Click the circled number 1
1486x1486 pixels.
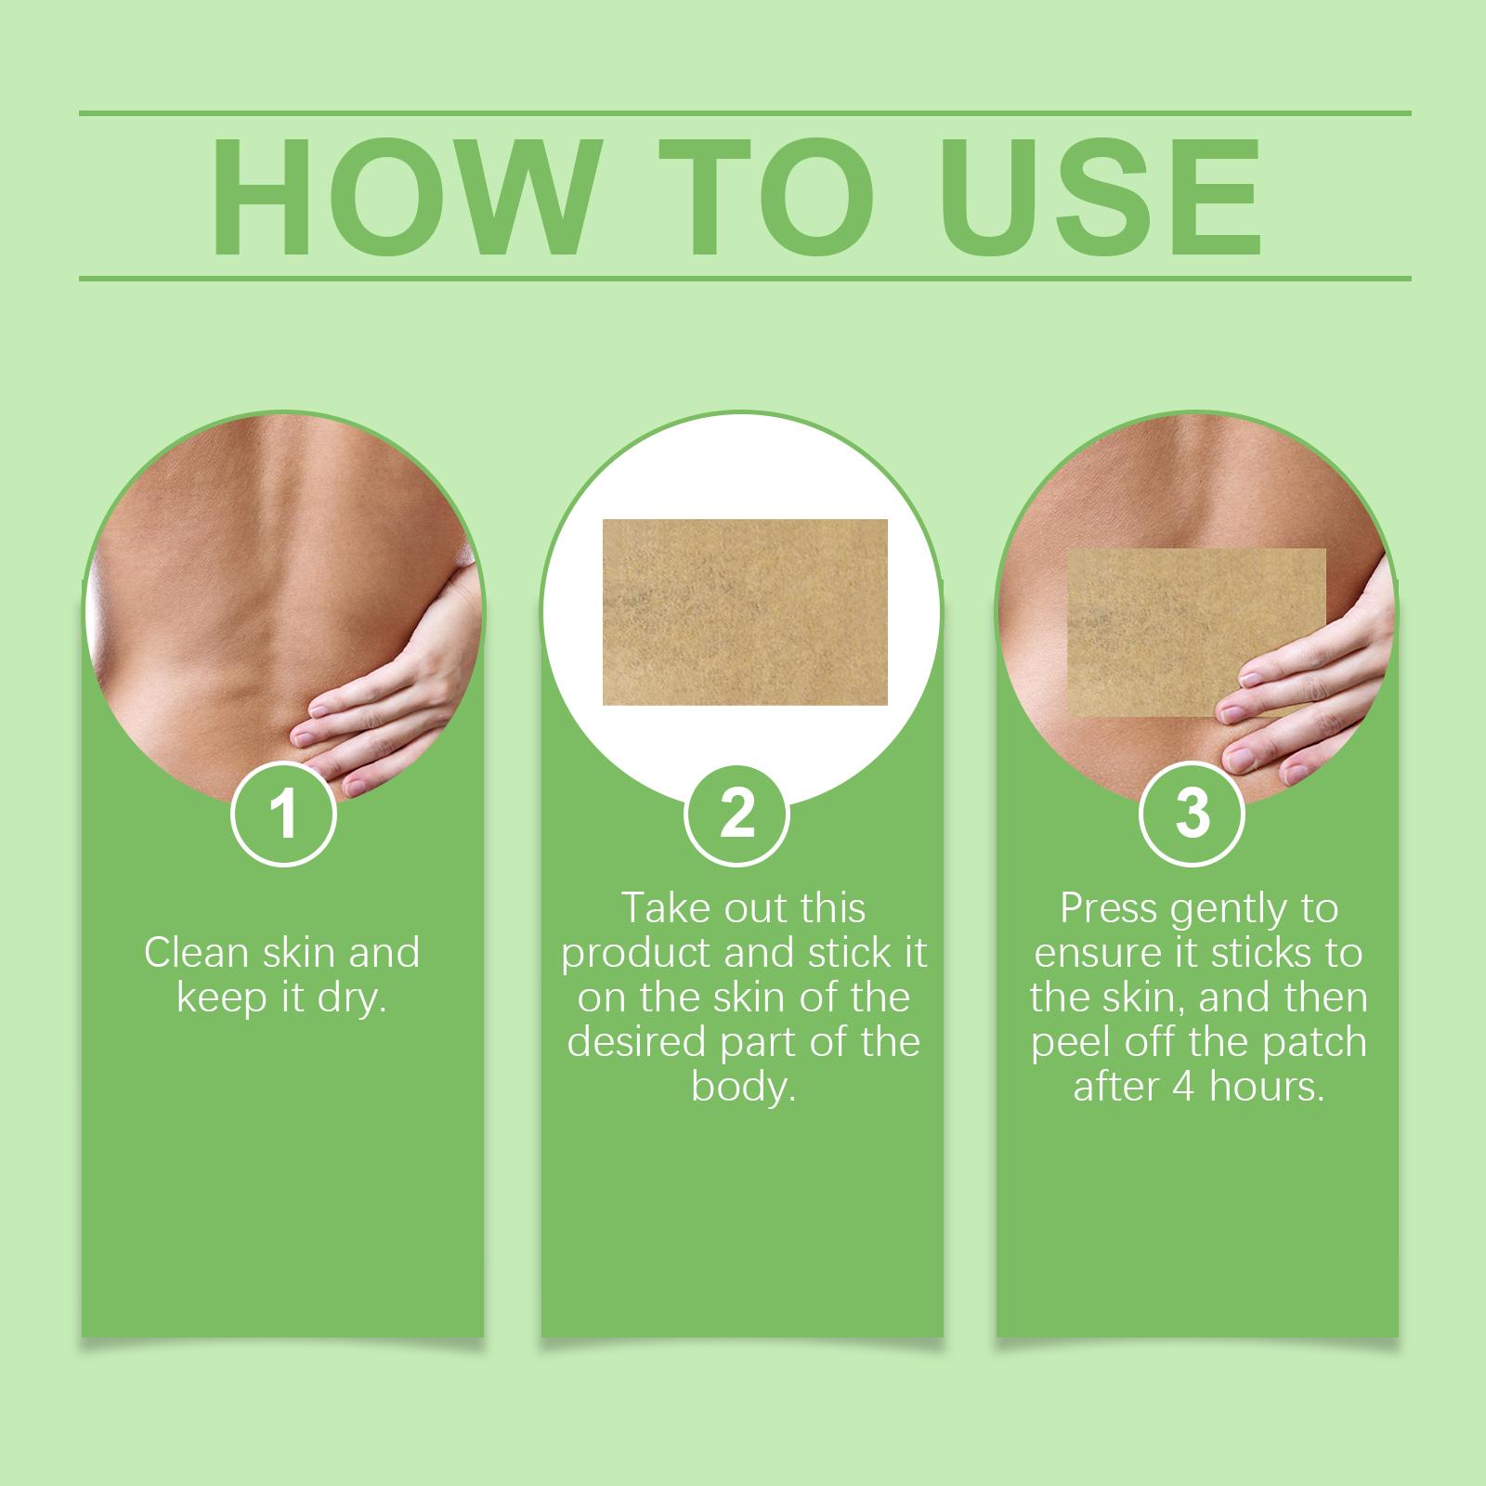pos(282,813)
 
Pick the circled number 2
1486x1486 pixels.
pos(736,813)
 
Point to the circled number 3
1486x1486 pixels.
pos(1192,813)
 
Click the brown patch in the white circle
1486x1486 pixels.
pos(745,611)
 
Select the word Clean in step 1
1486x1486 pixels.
pos(195,953)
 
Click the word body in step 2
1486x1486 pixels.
pos(743,1088)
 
